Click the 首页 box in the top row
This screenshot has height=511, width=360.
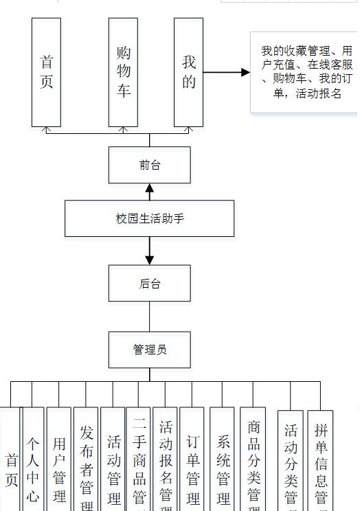pos(46,72)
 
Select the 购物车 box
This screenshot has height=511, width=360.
pos(124,72)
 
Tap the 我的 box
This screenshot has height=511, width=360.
pos(188,72)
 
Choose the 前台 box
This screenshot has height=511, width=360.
pos(149,165)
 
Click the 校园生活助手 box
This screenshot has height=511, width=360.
pos(149,218)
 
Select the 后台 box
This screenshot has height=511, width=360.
pos(149,283)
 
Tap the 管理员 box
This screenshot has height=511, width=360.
pos(149,350)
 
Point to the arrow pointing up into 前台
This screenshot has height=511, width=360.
pos(149,192)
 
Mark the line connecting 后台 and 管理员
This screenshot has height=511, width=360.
pos(149,317)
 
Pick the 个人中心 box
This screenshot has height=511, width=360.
pos(33,460)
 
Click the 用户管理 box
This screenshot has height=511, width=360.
pos(59,460)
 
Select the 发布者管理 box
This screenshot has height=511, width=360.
pos(86,460)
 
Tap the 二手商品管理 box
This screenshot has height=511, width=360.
pos(139,460)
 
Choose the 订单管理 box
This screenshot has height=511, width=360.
pos(192,460)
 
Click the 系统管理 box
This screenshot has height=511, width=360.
pos(222,460)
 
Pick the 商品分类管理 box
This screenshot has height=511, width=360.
pos(253,460)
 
